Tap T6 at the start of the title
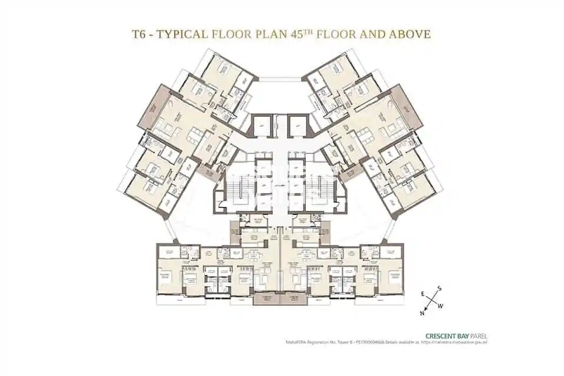(x=139, y=33)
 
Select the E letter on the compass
(x=422, y=292)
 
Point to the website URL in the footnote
(x=459, y=342)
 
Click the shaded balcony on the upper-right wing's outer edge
(x=412, y=109)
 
